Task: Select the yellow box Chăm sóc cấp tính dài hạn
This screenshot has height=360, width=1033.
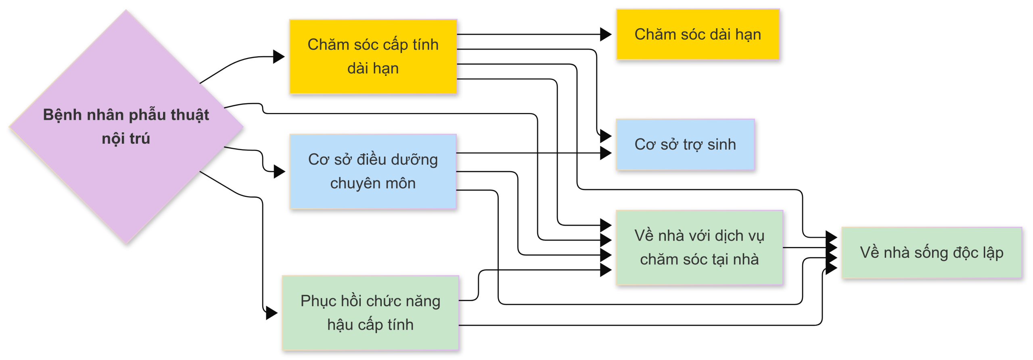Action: pyautogui.click(x=373, y=57)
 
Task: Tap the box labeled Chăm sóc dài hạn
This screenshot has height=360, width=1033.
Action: pyautogui.click(x=698, y=34)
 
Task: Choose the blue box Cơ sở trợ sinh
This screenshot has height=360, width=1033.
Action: pyautogui.click(x=685, y=144)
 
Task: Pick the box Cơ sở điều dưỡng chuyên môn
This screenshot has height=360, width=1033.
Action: pyautogui.click(x=373, y=172)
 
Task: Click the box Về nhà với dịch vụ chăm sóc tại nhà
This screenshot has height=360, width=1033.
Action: pyautogui.click(x=699, y=247)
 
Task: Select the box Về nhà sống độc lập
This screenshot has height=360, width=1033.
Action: pyautogui.click(x=931, y=253)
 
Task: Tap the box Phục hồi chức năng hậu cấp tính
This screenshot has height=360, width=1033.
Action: pyautogui.click(x=370, y=313)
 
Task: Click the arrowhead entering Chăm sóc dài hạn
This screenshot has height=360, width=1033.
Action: pyautogui.click(x=605, y=34)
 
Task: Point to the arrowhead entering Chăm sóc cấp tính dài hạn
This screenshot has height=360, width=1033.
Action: pyautogui.click(x=278, y=57)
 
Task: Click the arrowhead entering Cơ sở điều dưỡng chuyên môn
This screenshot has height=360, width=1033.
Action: pyautogui.click(x=279, y=172)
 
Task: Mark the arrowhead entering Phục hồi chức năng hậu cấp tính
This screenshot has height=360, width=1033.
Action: pyautogui.click(x=271, y=313)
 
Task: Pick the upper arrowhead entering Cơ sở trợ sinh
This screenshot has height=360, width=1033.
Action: pyautogui.click(x=605, y=136)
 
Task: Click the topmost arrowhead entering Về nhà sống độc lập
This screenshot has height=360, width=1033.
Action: pyautogui.click(x=831, y=237)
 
